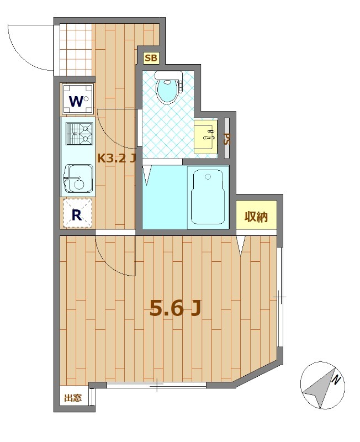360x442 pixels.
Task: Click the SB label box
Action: pos(151,58)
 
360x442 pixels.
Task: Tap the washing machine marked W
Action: pos(77,99)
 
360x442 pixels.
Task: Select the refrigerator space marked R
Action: pos(77,213)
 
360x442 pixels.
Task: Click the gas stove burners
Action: pos(79,134)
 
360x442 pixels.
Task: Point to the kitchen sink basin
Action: pos(78,178)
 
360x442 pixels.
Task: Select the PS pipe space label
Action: pos(227,139)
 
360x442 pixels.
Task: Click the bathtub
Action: pos(208,197)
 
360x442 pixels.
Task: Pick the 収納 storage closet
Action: pos(256,215)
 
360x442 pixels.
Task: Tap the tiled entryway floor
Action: pos(76,50)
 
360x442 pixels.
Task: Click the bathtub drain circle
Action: pos(208,177)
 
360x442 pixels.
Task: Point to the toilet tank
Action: pos(168,75)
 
